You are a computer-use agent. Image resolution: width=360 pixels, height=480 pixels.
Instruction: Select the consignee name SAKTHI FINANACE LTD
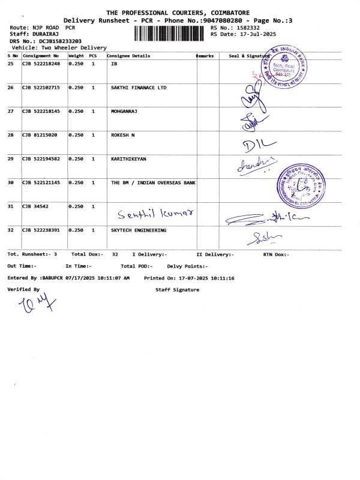coord(139,88)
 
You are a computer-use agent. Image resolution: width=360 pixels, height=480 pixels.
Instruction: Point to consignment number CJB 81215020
coord(40,135)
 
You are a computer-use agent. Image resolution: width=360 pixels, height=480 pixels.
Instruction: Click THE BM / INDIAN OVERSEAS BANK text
coord(153,182)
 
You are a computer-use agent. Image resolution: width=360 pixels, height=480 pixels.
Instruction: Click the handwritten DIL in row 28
coord(259,144)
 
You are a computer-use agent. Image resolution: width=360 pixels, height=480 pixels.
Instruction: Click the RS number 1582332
coord(247,28)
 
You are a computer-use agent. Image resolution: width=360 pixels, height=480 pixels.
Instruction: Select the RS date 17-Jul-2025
coord(256,34)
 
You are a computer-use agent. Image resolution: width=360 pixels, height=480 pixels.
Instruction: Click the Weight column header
coord(76,55)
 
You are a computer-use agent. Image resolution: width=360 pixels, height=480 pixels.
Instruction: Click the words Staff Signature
coord(177,290)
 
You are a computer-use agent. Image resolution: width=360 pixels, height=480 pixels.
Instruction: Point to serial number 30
coord(11,182)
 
